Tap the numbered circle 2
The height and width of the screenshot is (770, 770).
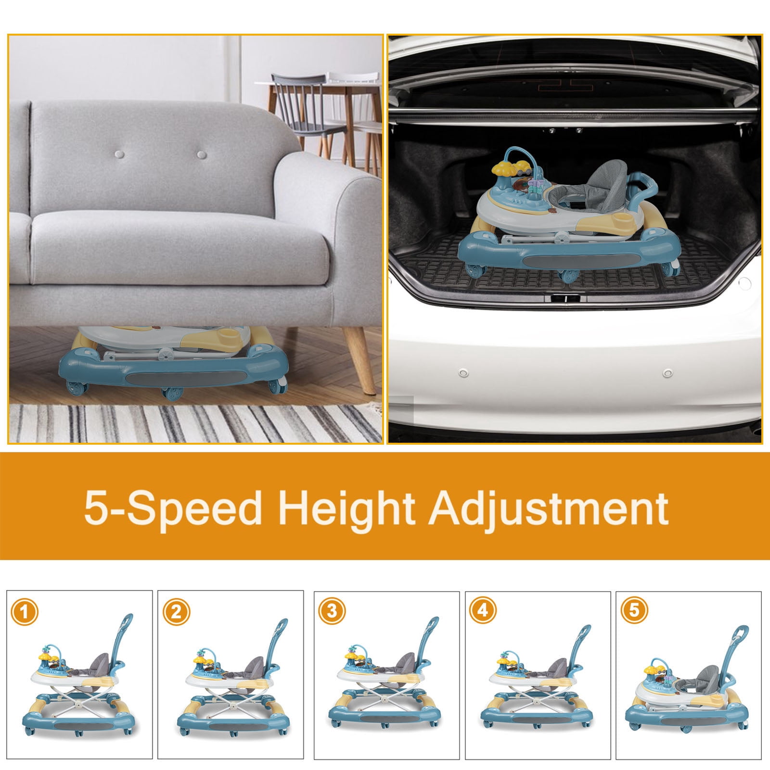(177, 612)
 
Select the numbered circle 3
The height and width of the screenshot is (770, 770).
(332, 612)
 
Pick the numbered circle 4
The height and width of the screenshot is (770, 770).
(483, 611)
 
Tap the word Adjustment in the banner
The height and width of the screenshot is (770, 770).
(549, 509)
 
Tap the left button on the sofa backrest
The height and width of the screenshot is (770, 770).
(120, 155)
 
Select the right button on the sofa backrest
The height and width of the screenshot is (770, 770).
(202, 155)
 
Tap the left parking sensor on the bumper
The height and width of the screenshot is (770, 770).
(464, 373)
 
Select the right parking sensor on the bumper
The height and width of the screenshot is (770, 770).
(667, 373)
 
